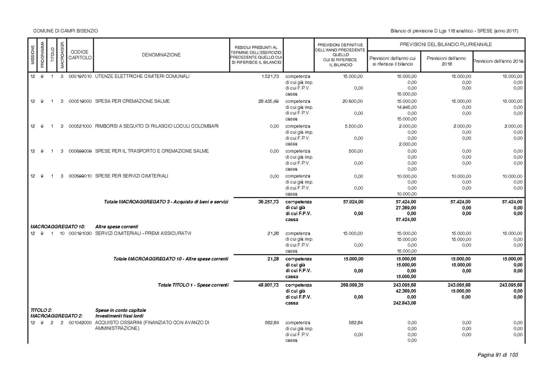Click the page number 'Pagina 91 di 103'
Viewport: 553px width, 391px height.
497,355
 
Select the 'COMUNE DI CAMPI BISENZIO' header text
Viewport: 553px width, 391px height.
66,31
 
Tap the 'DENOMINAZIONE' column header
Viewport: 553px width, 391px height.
161,55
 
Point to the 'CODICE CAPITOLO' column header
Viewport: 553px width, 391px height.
80,55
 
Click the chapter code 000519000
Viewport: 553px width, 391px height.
80,101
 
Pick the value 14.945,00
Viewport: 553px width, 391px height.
406,107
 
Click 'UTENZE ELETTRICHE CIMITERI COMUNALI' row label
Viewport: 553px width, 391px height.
142,76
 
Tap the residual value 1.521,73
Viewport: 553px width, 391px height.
270,76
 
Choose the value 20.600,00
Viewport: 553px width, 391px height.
353,101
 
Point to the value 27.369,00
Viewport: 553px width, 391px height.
406,207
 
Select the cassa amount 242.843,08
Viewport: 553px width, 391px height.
405,303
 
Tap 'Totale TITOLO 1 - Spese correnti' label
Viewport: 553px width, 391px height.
193,285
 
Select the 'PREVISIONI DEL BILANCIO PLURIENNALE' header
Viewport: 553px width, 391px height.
446,45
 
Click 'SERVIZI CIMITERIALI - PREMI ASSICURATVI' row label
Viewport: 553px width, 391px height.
143,233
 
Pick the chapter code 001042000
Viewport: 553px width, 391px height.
80,323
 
